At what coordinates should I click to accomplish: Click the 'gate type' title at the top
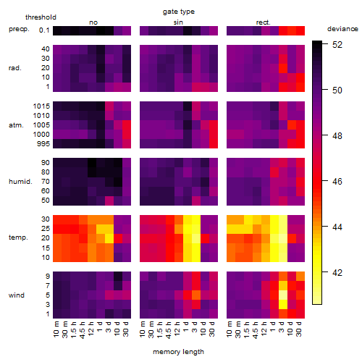(x=179, y=12)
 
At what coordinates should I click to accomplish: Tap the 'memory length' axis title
(x=178, y=352)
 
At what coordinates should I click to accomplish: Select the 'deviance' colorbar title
(x=342, y=29)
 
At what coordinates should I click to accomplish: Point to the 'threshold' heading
(x=41, y=17)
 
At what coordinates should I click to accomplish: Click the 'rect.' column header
(x=264, y=22)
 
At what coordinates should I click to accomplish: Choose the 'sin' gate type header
(x=178, y=22)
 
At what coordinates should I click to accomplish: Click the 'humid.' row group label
(x=20, y=182)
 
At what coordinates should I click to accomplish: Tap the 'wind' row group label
(x=17, y=295)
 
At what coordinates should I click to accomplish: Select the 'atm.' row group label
(x=16, y=125)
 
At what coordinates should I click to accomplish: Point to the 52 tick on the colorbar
(x=337, y=45)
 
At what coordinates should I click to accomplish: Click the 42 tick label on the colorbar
(x=337, y=273)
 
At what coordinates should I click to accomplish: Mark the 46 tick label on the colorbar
(x=337, y=182)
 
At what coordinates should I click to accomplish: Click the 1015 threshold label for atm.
(x=41, y=106)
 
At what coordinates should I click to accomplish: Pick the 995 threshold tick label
(x=43, y=144)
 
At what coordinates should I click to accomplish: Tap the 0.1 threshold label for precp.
(x=44, y=30)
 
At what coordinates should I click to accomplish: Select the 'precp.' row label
(x=19, y=29)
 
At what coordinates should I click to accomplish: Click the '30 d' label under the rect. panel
(x=299, y=329)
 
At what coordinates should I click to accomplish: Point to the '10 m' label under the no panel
(x=56, y=329)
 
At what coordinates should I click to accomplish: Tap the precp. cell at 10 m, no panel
(x=57, y=30)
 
